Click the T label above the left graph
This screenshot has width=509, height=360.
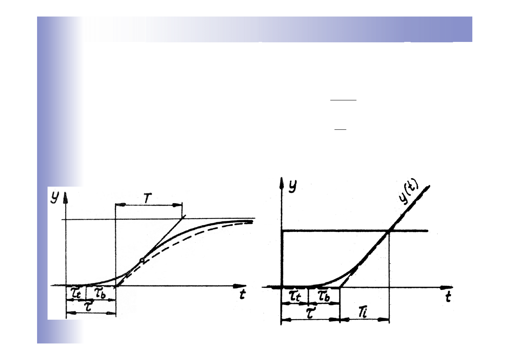click(148, 198)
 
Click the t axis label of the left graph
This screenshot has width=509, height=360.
click(243, 294)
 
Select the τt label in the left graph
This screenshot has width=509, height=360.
click(76, 293)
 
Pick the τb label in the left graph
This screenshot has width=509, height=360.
click(100, 293)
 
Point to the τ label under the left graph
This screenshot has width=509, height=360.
click(88, 307)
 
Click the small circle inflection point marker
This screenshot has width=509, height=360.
click(142, 260)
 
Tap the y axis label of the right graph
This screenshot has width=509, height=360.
click(293, 187)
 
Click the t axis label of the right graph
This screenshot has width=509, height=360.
click(448, 297)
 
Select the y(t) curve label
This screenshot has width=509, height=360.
click(409, 193)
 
